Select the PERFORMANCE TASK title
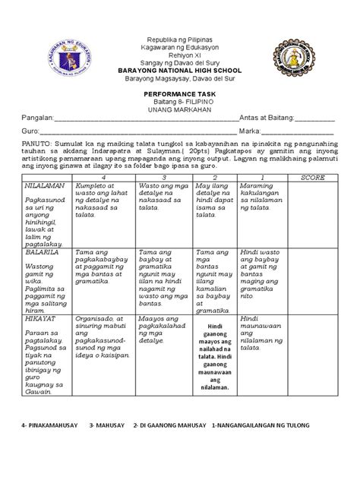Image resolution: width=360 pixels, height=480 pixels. coord(179,90)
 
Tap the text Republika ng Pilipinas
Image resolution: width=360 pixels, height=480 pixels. coord(179,39)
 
